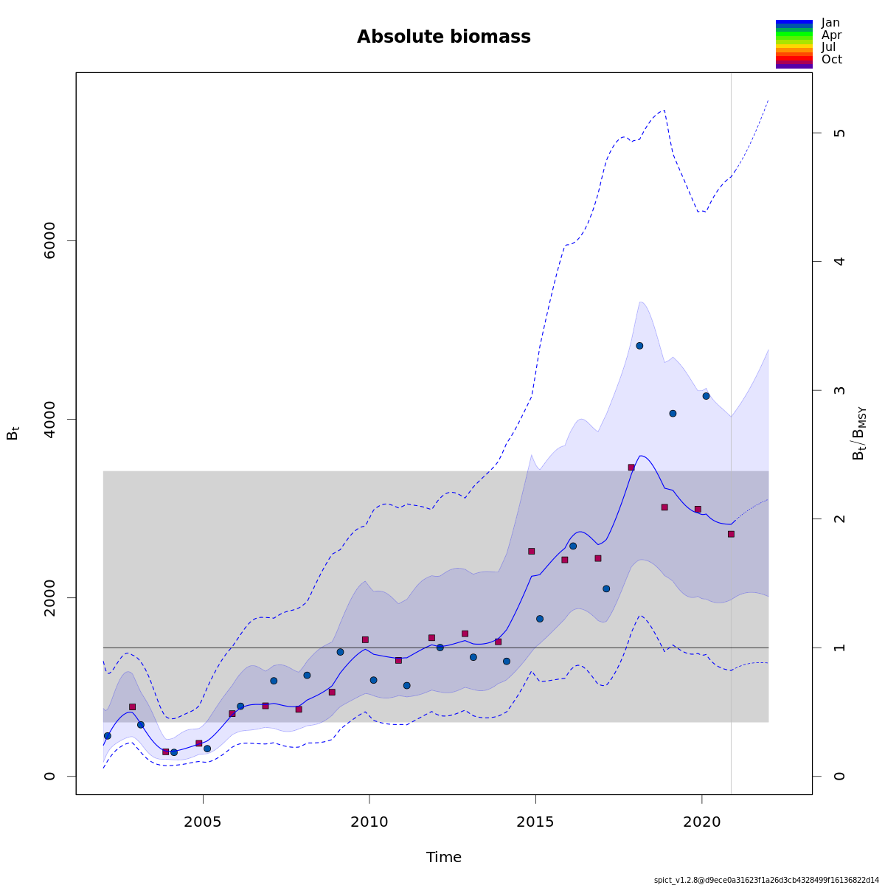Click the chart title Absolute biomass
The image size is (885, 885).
coord(443,37)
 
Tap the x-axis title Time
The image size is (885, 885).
coord(443,857)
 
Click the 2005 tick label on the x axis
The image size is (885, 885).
coord(202,822)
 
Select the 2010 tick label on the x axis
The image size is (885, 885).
coord(369,822)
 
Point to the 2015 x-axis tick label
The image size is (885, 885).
coord(535,822)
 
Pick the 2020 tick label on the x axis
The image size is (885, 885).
coord(701,822)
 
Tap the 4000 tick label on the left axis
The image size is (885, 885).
coord(50,419)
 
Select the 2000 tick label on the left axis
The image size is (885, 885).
coord(50,597)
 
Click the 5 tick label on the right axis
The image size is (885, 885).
coord(839,133)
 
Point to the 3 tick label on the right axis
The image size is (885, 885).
coord(839,390)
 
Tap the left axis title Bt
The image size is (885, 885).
coord(13,433)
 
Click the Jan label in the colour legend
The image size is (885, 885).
coord(830,23)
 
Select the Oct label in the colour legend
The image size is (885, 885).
coord(831,60)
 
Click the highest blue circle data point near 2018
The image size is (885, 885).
coord(639,345)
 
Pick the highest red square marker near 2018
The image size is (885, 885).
coord(631,467)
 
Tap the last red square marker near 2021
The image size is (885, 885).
coord(731,534)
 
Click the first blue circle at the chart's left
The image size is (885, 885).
coord(107,735)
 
